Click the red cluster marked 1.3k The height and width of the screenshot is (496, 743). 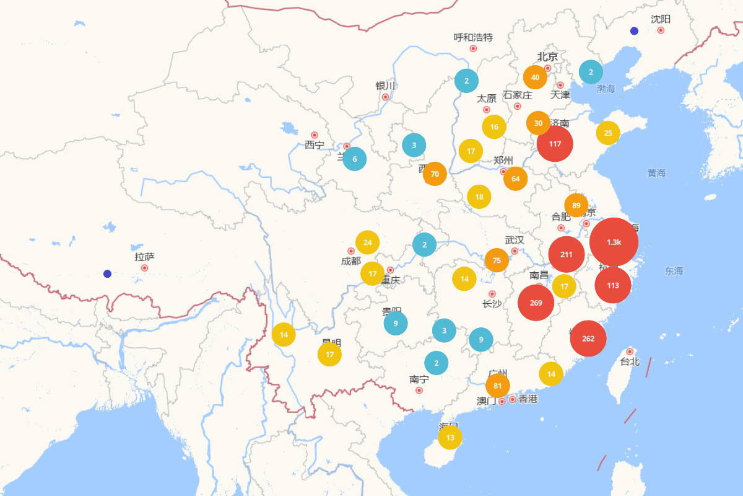[x=614, y=242]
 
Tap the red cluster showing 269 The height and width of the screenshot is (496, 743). [x=536, y=303]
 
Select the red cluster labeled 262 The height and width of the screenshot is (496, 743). [x=588, y=339]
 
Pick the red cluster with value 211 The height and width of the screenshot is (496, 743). [x=566, y=254]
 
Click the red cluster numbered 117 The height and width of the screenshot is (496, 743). [x=555, y=144]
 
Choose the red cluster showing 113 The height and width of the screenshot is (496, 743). [x=612, y=285]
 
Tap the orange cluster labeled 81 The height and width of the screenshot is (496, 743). [x=497, y=386]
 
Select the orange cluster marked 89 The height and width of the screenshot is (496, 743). [x=576, y=206]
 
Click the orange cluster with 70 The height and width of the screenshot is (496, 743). [x=435, y=174]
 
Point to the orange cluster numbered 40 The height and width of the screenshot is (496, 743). [x=535, y=77]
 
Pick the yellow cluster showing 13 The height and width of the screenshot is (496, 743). [x=450, y=437]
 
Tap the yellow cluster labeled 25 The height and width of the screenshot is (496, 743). [x=607, y=133]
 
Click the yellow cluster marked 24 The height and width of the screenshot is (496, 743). [x=367, y=242]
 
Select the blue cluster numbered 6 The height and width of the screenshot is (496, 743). [x=354, y=159]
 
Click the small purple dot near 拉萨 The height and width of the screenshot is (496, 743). [x=107, y=273]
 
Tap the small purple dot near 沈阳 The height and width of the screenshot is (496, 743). [x=634, y=31]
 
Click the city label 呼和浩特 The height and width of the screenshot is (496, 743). [x=473, y=37]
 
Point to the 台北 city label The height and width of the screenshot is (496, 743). [x=630, y=361]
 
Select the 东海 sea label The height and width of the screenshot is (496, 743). [x=674, y=271]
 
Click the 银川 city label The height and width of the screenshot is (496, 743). [x=385, y=86]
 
